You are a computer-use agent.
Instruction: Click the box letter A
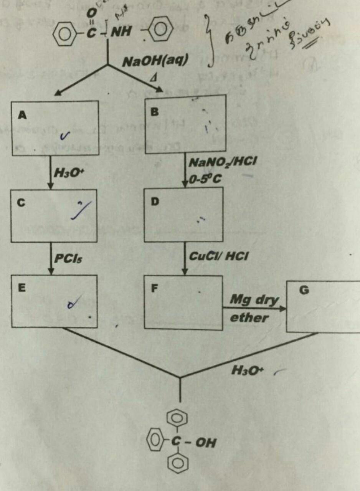23,115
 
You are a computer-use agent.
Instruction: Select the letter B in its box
154,112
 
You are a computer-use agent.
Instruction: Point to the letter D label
155,202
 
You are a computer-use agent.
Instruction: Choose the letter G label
304,291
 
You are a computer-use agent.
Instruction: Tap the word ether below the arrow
248,318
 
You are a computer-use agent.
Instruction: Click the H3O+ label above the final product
246,370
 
